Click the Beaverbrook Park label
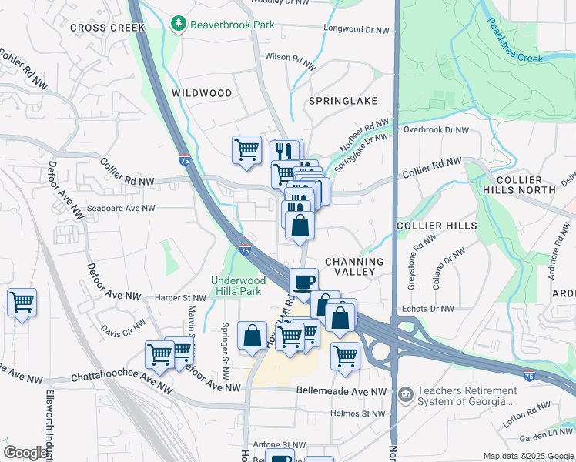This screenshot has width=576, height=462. (x=233, y=25)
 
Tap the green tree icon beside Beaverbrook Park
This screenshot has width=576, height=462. (x=179, y=25)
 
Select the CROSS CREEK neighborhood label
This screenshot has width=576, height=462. (x=107, y=28)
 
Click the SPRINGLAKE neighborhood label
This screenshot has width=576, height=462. (x=343, y=101)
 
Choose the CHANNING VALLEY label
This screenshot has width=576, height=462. (x=354, y=266)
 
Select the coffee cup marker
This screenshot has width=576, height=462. (x=304, y=281)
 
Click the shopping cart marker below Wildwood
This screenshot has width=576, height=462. (x=246, y=149)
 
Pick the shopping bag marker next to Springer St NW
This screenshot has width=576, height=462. (x=253, y=336)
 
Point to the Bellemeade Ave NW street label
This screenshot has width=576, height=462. (x=341, y=391)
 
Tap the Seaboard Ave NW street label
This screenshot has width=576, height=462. (x=121, y=208)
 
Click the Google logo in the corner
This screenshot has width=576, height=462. (x=26, y=453)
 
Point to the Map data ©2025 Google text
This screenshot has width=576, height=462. (x=527, y=456)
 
